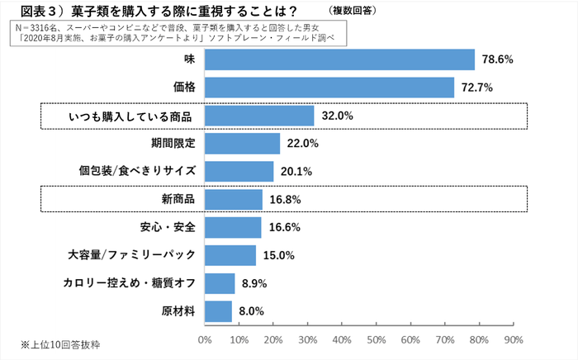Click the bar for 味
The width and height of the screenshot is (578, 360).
tap(339, 59)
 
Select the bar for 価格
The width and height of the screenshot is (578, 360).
tap(329, 88)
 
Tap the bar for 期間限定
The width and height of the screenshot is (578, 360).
tap(241, 144)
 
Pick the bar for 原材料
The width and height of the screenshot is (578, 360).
tap(217, 311)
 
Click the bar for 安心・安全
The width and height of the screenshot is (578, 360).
tap(232, 227)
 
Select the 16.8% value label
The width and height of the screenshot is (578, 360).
tap(284, 199)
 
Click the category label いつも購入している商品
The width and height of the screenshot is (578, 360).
tap(130, 116)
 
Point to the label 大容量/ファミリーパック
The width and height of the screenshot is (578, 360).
tap(130, 255)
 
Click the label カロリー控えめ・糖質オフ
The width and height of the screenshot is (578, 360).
tap(129, 283)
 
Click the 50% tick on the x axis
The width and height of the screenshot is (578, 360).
tap(377, 339)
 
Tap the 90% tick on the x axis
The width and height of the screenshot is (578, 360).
tap(514, 339)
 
